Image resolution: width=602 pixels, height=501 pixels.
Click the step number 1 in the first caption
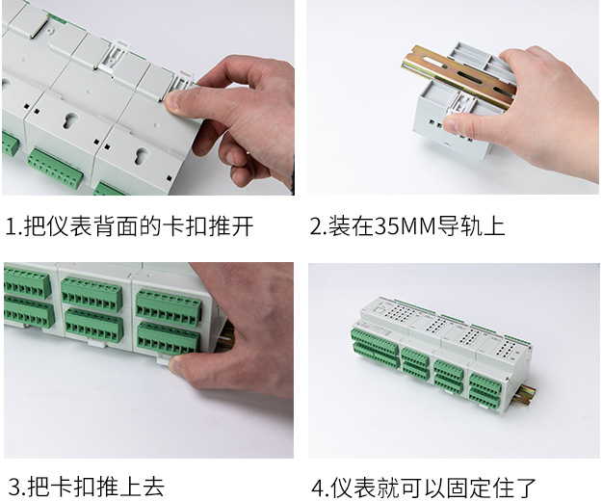12,226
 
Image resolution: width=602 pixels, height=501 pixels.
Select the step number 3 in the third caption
14,487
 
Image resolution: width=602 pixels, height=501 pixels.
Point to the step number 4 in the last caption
318,488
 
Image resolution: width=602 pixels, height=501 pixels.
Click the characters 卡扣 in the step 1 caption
184,226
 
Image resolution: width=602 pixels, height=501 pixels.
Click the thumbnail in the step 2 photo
453,124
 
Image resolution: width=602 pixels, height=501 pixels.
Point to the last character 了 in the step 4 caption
526,488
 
